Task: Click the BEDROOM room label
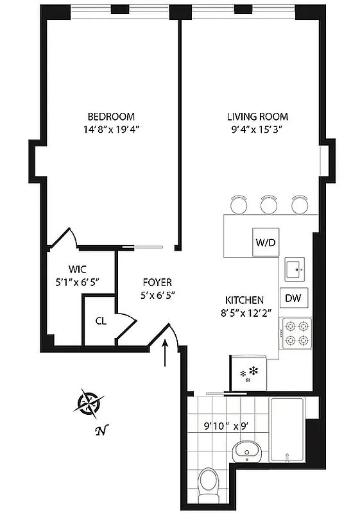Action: (x=111, y=117)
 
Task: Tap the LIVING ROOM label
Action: (x=257, y=117)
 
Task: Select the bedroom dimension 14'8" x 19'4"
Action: (x=111, y=129)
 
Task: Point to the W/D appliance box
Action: (x=265, y=243)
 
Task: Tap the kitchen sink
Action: (x=296, y=270)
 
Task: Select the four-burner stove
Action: (x=296, y=333)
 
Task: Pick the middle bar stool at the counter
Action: (x=268, y=204)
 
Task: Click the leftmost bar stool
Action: (x=239, y=204)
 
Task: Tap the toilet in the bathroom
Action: (x=209, y=480)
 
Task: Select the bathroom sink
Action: (x=247, y=450)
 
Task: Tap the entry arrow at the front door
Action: (x=167, y=353)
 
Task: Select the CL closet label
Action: (x=101, y=321)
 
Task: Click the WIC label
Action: (x=78, y=269)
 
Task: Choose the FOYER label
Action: (x=157, y=282)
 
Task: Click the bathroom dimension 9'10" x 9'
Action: (x=217, y=425)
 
